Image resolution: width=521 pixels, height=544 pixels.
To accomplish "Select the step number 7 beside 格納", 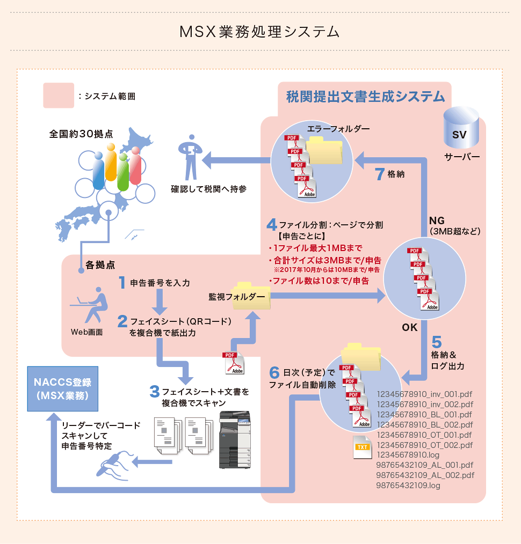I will point(379,174).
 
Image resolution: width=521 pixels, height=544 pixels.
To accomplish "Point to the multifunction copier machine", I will point(235,440).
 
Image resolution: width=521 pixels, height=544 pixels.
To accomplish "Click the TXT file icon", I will point(363,447).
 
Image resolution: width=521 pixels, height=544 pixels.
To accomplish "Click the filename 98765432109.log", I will point(408,486).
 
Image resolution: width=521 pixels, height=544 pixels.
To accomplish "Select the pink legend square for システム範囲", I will point(59,96).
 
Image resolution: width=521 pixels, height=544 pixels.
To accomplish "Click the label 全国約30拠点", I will point(81,135).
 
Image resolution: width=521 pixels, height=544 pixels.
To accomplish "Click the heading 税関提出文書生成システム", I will point(366,97).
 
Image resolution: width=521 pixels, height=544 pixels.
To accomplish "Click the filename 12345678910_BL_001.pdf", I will point(425,414).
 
